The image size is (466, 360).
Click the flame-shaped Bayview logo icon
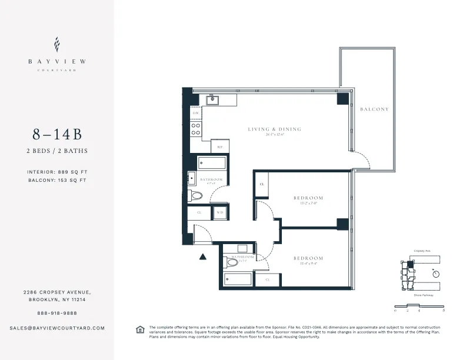click(x=56, y=44)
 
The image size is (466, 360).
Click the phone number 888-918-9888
click(x=56, y=313)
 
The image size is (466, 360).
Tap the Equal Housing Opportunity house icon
click(x=140, y=329)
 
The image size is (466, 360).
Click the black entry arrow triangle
click(x=203, y=256)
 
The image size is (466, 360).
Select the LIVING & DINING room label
click(x=275, y=129)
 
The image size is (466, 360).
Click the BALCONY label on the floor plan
click(x=374, y=109)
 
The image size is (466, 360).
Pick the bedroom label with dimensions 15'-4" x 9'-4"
click(x=308, y=258)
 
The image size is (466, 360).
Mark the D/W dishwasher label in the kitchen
click(x=196, y=112)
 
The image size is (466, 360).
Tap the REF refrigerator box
click(x=220, y=147)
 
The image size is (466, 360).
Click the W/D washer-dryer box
click(x=220, y=212)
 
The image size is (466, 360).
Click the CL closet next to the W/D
click(x=199, y=212)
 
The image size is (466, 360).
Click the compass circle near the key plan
click(x=435, y=273)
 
